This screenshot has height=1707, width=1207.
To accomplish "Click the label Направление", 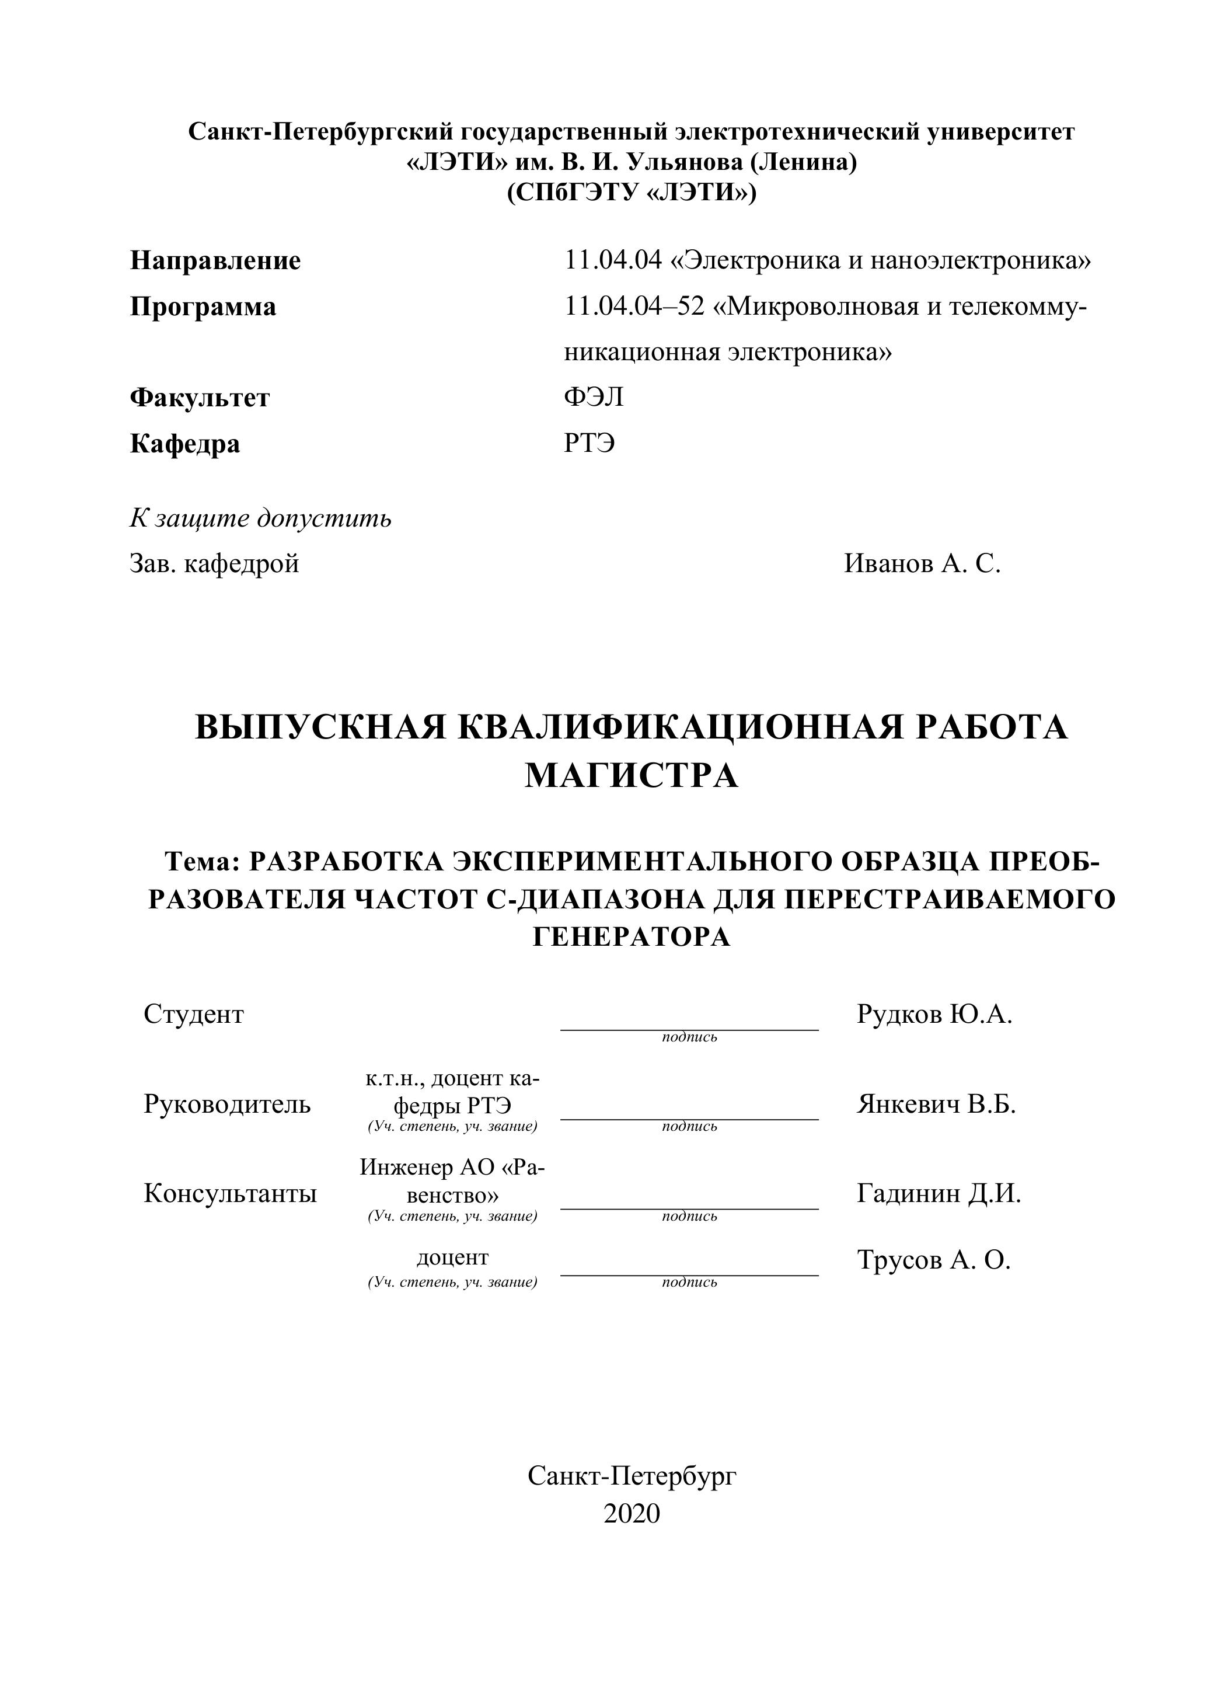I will [215, 261].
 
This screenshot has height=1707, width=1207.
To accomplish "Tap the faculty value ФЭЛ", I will [593, 398].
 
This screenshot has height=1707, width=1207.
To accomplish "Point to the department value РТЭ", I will [589, 444].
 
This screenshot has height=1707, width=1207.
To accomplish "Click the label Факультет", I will [199, 398].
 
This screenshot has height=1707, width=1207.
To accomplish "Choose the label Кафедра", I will [184, 444].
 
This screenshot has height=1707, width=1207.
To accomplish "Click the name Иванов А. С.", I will [922, 563].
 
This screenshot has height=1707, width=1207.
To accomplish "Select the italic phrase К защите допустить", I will [260, 518].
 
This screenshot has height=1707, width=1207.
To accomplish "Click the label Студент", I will [193, 1014].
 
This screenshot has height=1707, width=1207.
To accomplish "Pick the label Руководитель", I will [226, 1104].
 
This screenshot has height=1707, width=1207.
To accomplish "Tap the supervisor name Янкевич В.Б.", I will [936, 1104].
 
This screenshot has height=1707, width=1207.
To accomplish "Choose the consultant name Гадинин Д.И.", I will [938, 1194].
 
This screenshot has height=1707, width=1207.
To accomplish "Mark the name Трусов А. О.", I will [933, 1260].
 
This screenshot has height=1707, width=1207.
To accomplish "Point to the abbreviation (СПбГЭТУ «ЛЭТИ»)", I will [631, 193].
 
